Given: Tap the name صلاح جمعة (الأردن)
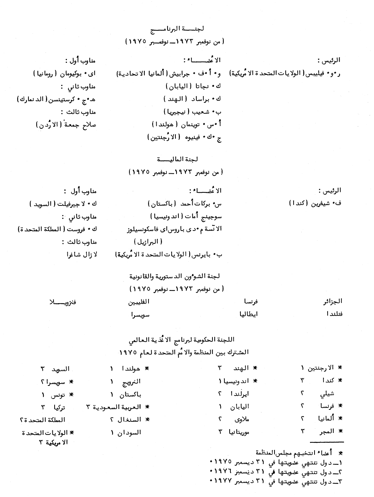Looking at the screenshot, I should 65,125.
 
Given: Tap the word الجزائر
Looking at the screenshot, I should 332,301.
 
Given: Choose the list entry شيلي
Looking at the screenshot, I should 327,394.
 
